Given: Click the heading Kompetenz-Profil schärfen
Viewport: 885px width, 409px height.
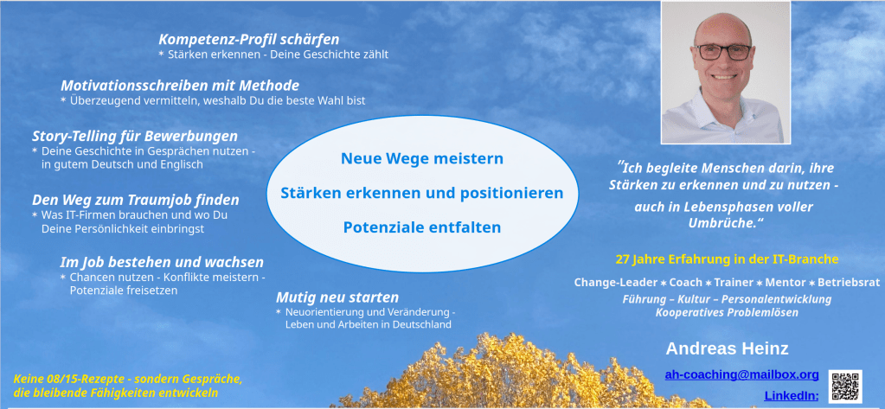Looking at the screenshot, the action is click(x=249, y=40).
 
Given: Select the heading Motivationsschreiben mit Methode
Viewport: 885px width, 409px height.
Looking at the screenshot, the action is click(x=180, y=86).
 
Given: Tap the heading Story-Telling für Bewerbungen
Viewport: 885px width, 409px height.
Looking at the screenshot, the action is click(x=135, y=137).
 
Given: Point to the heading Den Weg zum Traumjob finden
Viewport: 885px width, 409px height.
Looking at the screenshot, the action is click(x=136, y=201).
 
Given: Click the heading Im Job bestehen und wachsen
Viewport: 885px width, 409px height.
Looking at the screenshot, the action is click(x=162, y=262).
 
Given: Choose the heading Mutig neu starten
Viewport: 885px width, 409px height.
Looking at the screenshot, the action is click(x=337, y=297).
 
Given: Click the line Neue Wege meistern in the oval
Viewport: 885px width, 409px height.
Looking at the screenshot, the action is click(x=422, y=158).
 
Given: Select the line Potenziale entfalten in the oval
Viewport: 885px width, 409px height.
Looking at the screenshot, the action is click(x=422, y=227).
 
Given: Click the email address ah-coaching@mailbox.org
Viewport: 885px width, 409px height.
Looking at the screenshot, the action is click(x=741, y=374).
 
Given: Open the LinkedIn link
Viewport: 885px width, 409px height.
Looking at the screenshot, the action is click(x=792, y=396).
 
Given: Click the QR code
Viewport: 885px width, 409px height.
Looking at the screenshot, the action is click(x=845, y=387).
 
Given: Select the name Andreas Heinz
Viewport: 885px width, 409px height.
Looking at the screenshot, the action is click(x=727, y=348).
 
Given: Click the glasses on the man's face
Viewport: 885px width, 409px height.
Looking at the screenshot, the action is click(x=723, y=52).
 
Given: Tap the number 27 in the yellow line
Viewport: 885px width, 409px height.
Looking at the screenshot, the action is click(x=622, y=259).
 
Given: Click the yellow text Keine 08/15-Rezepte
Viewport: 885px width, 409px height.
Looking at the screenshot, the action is click(x=68, y=379).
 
